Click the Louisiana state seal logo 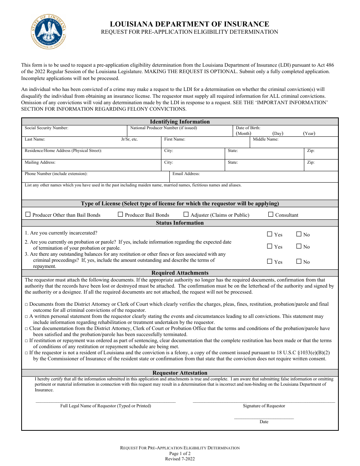49,32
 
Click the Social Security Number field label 46,128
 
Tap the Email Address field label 186,174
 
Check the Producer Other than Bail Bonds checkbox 28,214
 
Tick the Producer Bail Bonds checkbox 121,214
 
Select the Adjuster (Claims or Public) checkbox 186,214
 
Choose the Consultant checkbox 271,214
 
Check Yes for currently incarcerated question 269,234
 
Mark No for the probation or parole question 299,246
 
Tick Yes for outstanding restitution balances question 269,261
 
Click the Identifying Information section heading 180,122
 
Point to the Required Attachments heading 180,273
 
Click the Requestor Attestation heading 180,373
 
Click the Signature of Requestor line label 264,406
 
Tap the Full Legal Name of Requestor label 105,406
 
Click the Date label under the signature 264,422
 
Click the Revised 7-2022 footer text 180,458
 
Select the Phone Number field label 56,174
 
